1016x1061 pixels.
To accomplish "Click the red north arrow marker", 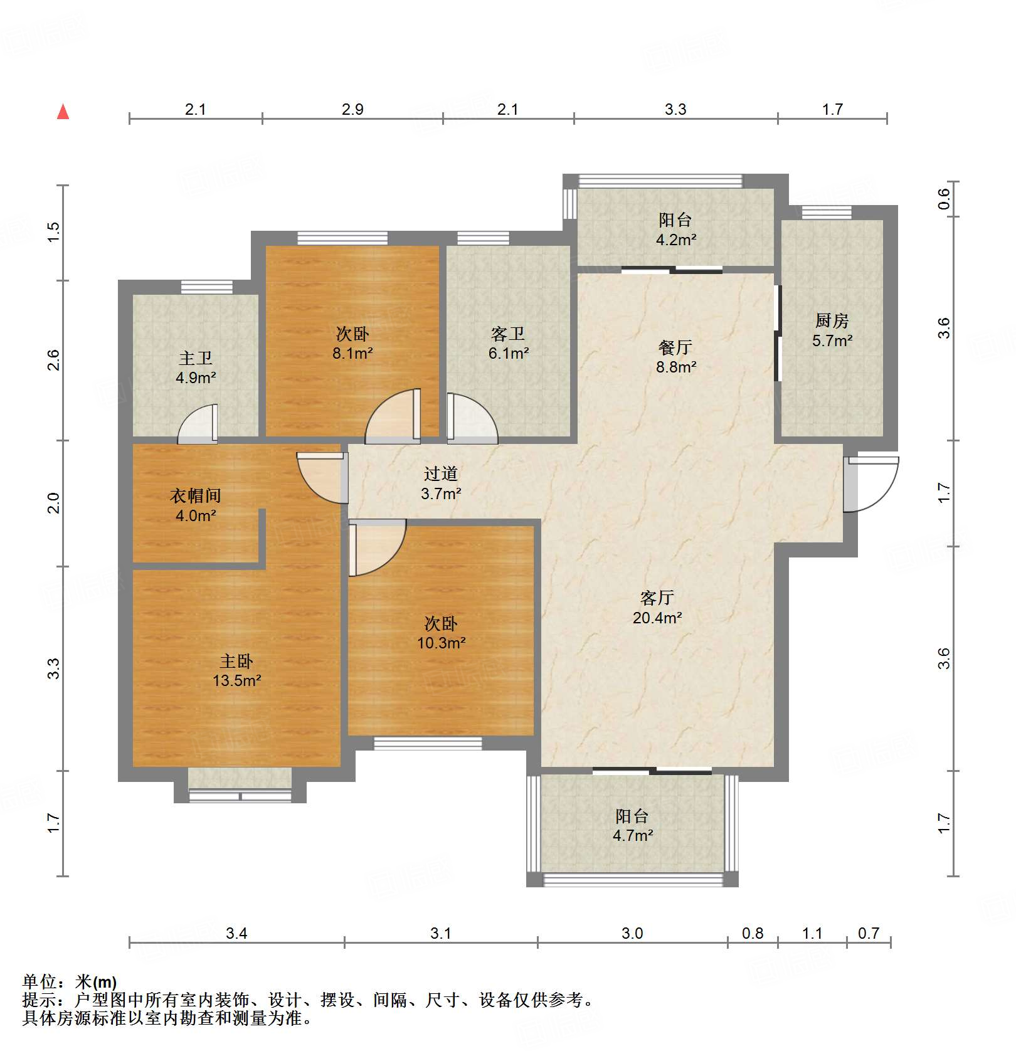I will [63, 112].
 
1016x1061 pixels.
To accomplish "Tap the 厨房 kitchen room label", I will [832, 330].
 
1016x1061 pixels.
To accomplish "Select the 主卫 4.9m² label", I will [196, 367].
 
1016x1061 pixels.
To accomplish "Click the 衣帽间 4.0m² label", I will [196, 505].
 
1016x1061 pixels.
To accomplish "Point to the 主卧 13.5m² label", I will [236, 670].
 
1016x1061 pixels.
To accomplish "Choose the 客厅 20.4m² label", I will [657, 607].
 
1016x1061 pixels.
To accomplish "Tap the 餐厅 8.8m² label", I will [675, 356].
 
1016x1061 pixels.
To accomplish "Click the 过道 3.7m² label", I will [440, 483].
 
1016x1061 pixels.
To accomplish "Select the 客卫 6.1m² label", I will [508, 343].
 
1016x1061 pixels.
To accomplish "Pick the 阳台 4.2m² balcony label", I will [675, 229].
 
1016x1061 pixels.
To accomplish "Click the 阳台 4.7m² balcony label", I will [632, 825].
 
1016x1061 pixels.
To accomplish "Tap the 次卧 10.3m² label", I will [441, 633].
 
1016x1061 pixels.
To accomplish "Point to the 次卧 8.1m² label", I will [352, 343].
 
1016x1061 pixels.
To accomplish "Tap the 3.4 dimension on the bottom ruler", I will [236, 933].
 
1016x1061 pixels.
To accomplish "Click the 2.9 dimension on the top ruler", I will [352, 109].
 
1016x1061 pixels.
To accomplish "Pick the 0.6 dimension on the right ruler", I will [944, 199].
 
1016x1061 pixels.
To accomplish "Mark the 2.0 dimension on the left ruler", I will [54, 503].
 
